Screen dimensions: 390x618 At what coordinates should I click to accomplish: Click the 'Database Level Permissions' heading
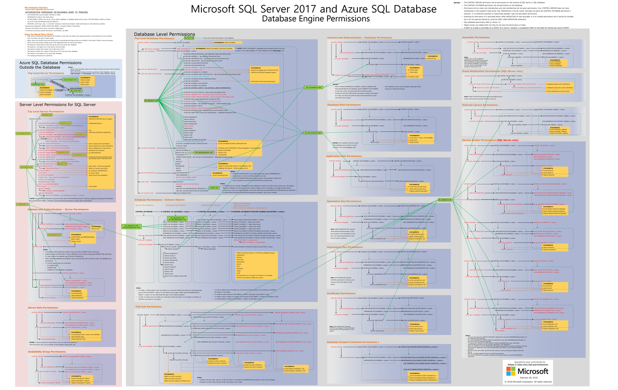[x=157, y=33]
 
